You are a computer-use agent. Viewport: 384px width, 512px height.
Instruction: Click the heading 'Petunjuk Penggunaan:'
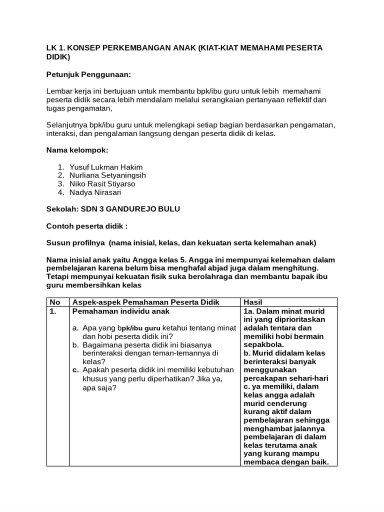[88, 74]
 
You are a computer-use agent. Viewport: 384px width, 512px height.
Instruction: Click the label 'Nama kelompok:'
[77, 149]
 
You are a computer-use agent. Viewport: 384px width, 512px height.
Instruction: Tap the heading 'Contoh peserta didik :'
[87, 226]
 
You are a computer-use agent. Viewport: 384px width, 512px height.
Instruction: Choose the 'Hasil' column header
[252, 302]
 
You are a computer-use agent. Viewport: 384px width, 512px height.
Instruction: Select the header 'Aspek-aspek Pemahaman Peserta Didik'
[146, 302]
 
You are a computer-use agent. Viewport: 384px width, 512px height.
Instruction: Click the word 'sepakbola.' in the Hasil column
[263, 344]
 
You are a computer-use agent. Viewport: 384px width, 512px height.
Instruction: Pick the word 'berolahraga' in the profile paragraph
[215, 277]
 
